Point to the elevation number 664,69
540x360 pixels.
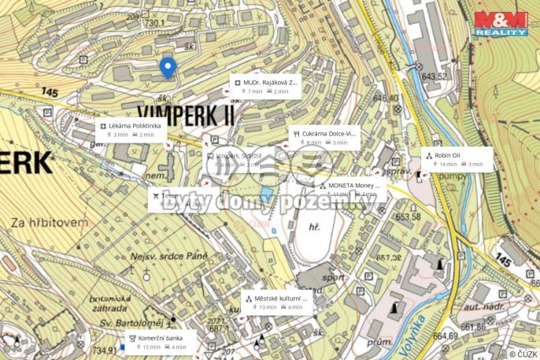click(444, 336)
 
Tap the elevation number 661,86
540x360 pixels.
click(473, 326)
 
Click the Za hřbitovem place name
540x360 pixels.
click(49, 223)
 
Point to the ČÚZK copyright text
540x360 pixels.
click(523, 354)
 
